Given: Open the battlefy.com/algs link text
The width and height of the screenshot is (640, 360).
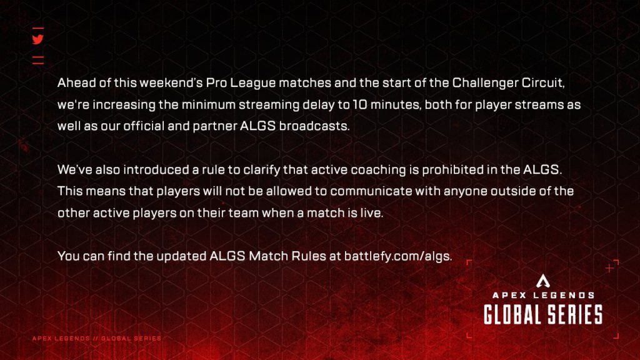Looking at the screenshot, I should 397,256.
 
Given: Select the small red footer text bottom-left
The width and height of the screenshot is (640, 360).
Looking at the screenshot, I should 97,338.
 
